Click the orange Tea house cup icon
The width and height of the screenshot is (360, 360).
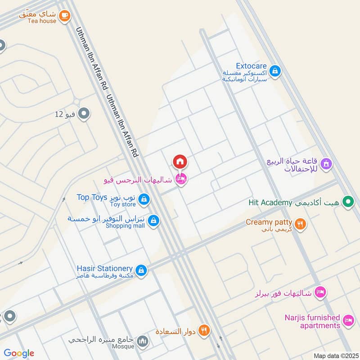point(65,16)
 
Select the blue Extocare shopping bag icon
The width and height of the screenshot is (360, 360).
point(275,71)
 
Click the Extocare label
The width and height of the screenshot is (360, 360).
point(251,66)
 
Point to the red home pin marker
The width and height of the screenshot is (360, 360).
point(180,162)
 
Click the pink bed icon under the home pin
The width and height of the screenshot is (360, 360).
point(181,180)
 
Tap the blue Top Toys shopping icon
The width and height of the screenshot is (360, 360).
point(144,199)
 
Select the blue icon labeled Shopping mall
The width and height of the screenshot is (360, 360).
point(154,221)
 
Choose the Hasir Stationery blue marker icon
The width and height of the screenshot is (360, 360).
point(141,270)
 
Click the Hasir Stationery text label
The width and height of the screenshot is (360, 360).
point(104,269)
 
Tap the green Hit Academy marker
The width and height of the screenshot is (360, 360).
point(347,202)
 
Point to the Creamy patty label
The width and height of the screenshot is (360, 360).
point(269,222)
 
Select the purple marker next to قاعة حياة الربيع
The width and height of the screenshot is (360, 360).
point(327,163)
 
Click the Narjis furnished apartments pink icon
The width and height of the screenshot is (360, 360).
point(347,320)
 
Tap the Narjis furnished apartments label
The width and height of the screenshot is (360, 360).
point(312,321)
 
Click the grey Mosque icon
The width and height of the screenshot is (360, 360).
point(143,341)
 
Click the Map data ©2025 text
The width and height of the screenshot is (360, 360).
point(335,355)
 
